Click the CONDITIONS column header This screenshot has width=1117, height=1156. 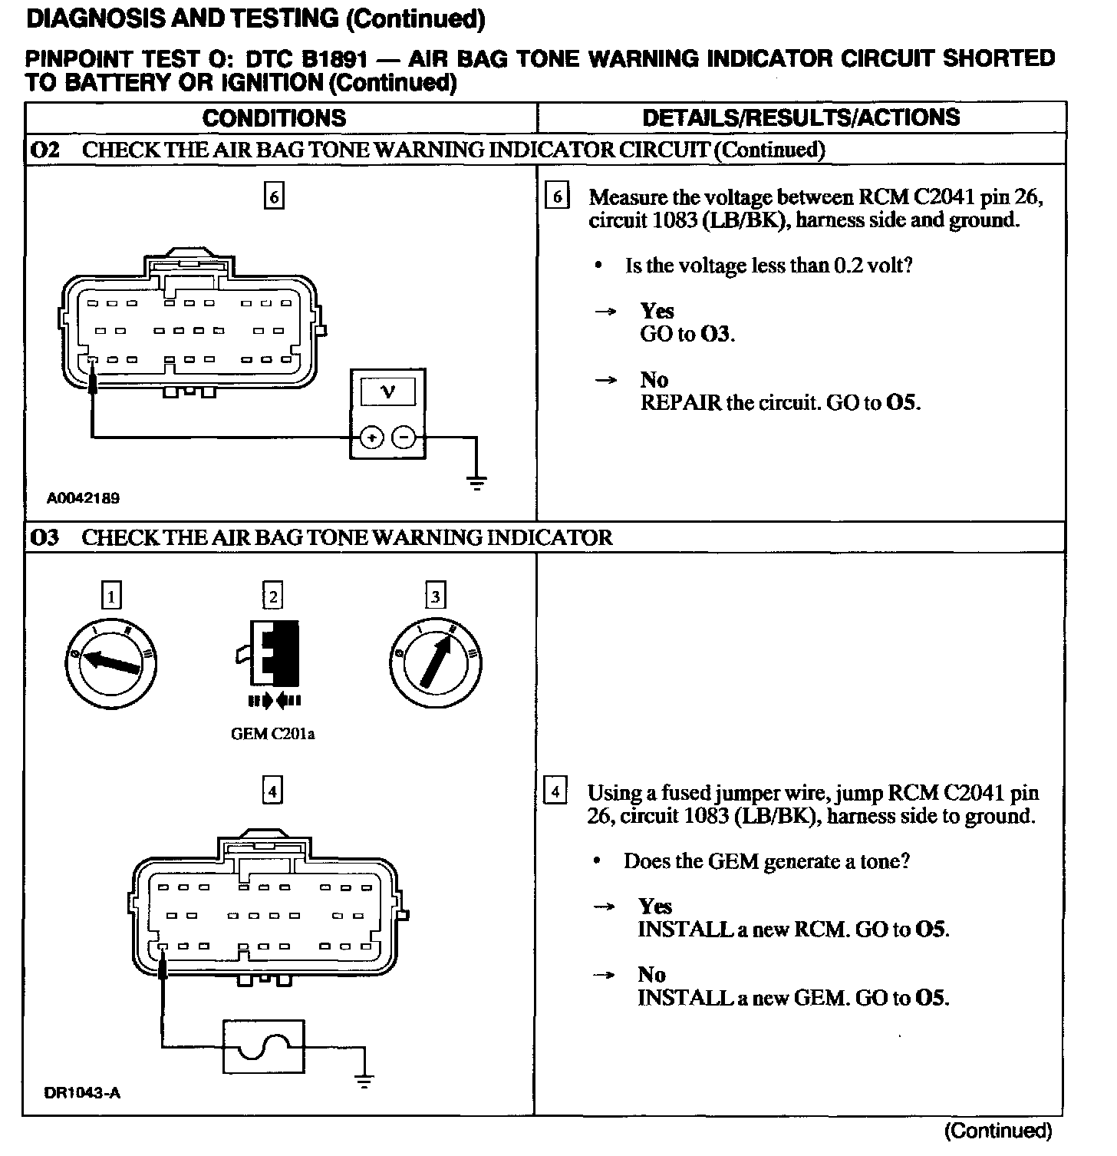(274, 118)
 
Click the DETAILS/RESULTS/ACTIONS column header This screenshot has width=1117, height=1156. (801, 117)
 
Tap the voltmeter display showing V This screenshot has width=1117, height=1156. (388, 391)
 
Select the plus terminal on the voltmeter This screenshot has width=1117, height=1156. (371, 438)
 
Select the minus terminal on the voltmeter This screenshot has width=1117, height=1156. (404, 438)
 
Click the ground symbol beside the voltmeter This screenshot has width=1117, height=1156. (476, 483)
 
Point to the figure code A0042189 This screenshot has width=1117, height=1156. (83, 498)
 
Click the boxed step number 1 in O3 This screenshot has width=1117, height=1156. (112, 596)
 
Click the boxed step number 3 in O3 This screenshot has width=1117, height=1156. (436, 596)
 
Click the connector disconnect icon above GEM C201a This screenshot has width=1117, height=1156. (273, 660)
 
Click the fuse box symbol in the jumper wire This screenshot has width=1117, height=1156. (263, 1047)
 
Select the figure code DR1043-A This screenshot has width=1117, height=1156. (82, 1093)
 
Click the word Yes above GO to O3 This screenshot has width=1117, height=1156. (657, 311)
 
